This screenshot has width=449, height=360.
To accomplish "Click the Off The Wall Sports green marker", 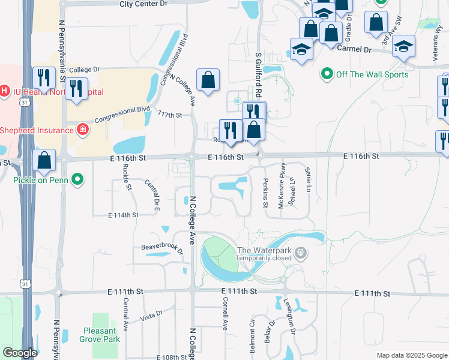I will (x=327, y=74).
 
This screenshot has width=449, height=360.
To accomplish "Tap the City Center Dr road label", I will (x=144, y=4).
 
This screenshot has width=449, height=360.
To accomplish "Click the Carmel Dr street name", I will (x=355, y=48).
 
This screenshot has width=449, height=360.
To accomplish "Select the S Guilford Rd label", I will (x=259, y=75).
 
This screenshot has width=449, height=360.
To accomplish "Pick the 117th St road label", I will (x=170, y=115).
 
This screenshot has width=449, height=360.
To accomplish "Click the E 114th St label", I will (x=123, y=215).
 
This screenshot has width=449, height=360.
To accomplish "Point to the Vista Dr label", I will (x=151, y=317).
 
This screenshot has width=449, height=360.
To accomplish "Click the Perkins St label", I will (x=265, y=193).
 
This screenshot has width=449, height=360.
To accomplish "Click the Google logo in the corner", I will (x=20, y=353).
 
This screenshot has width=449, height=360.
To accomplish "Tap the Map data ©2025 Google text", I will (x=411, y=355).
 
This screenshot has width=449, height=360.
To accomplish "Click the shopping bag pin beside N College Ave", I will (x=208, y=80).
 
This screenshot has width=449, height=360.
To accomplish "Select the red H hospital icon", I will (x=5, y=92).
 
